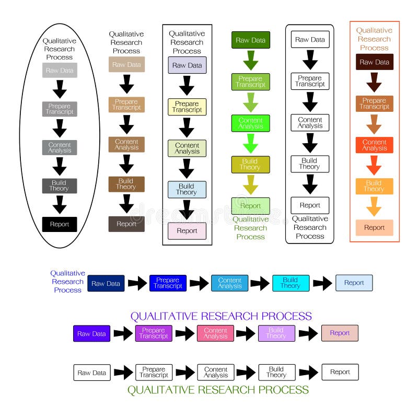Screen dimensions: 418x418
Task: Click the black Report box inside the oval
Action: pyautogui.click(x=60, y=225)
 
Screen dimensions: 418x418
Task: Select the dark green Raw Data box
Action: pyautogui.click(x=251, y=40)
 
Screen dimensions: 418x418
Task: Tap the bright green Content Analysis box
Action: pyautogui.click(x=251, y=123)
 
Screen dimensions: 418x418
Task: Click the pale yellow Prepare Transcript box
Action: pyautogui.click(x=187, y=107)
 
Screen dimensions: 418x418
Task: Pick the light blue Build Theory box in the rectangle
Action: pyautogui.click(x=187, y=189)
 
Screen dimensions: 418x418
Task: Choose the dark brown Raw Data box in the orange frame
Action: pyautogui.click(x=374, y=62)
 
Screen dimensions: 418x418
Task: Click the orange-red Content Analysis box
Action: pyautogui.click(x=374, y=145)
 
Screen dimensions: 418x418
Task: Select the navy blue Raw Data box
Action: pyautogui.click(x=106, y=283)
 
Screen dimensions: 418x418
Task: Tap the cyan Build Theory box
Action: pyautogui.click(x=291, y=283)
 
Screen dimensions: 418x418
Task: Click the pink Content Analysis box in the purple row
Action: pyautogui.click(x=215, y=333)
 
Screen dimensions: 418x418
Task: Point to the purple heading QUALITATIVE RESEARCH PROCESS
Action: pyautogui.click(x=221, y=316)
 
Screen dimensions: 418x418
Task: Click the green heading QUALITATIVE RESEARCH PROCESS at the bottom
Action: pyautogui.click(x=218, y=390)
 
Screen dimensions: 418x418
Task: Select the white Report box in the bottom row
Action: pyautogui.click(x=340, y=372)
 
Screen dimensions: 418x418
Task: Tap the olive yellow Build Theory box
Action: pyautogui.click(x=251, y=165)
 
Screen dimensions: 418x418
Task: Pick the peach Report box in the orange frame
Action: pyautogui.click(x=374, y=228)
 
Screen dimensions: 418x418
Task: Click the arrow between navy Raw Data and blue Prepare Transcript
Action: pyautogui.click(x=137, y=283)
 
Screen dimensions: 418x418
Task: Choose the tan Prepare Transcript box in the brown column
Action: pyautogui.click(x=126, y=104)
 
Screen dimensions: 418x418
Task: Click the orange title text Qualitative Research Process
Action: pyautogui.click(x=374, y=39)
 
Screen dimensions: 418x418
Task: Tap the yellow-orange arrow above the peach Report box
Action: pyautogui.click(x=374, y=207)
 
